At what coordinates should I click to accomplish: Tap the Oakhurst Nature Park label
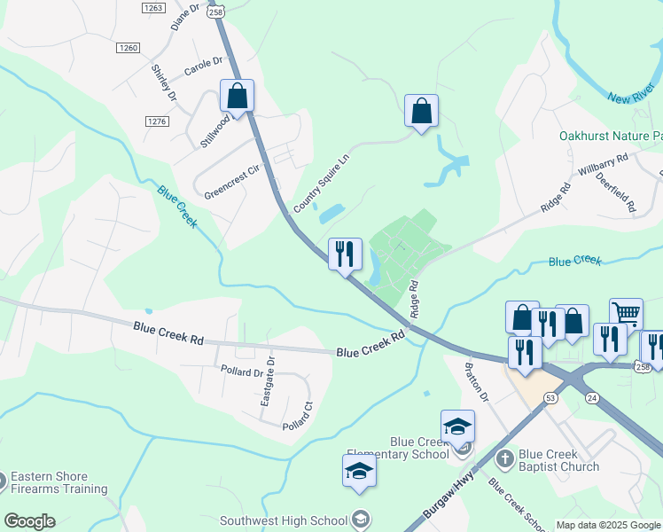click(x=611, y=137)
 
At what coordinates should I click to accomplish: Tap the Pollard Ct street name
click(x=298, y=417)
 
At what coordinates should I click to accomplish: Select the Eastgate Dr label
click(x=267, y=382)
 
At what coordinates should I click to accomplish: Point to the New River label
click(x=632, y=95)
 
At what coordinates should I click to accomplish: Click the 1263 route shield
click(x=152, y=7)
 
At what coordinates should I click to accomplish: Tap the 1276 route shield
click(x=158, y=121)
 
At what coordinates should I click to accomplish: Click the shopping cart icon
click(x=626, y=312)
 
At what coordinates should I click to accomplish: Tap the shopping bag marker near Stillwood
click(x=237, y=95)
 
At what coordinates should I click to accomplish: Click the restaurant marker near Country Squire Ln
click(x=345, y=253)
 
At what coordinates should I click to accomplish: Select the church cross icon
click(x=505, y=458)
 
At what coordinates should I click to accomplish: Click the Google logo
click(x=29, y=521)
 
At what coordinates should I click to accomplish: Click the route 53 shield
click(x=550, y=399)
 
